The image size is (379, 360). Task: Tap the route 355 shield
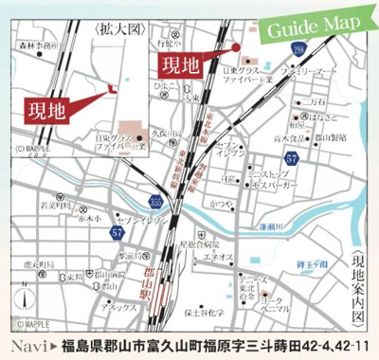[155, 200]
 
